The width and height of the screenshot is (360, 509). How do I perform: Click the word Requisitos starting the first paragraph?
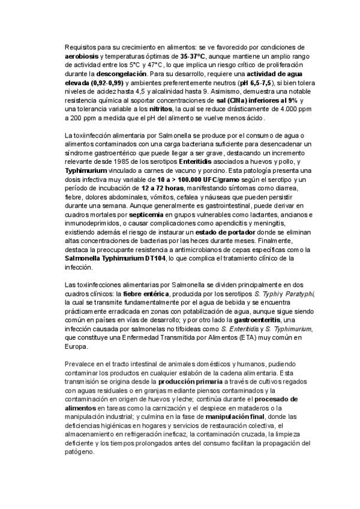click(x=81, y=47)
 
